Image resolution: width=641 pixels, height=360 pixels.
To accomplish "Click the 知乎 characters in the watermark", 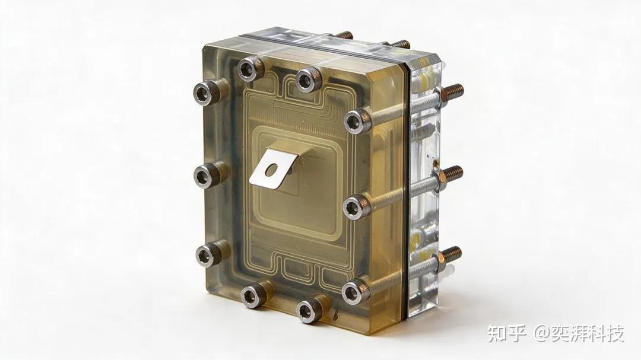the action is point(506,334).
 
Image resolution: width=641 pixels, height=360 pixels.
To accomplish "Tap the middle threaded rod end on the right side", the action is point(451,174).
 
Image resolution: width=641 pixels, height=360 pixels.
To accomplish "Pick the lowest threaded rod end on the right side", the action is point(450,254).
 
